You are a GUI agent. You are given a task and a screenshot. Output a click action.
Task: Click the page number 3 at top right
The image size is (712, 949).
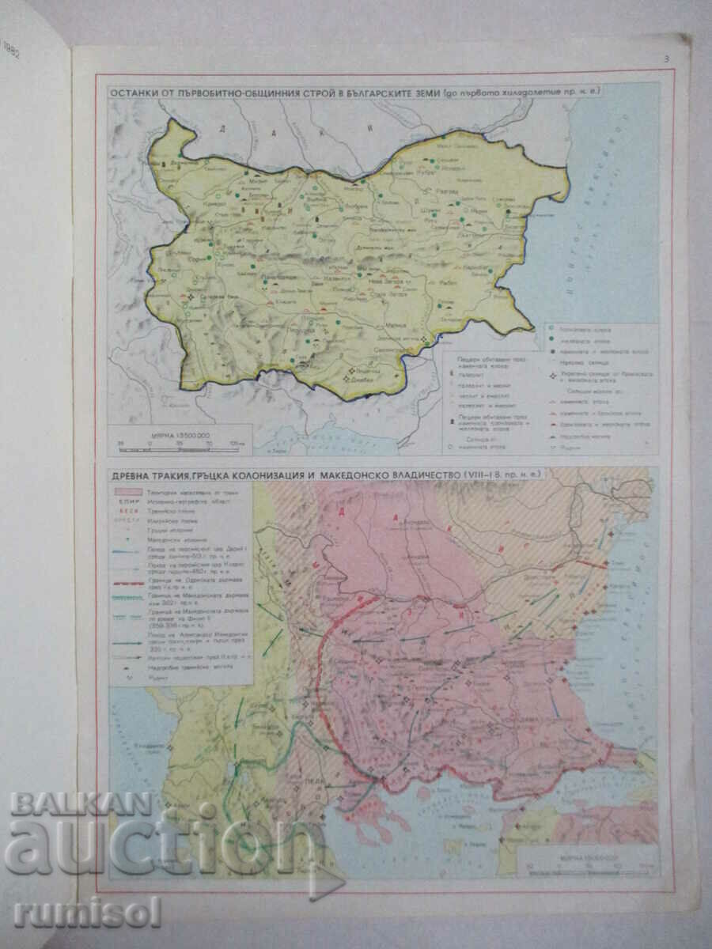[666, 59]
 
